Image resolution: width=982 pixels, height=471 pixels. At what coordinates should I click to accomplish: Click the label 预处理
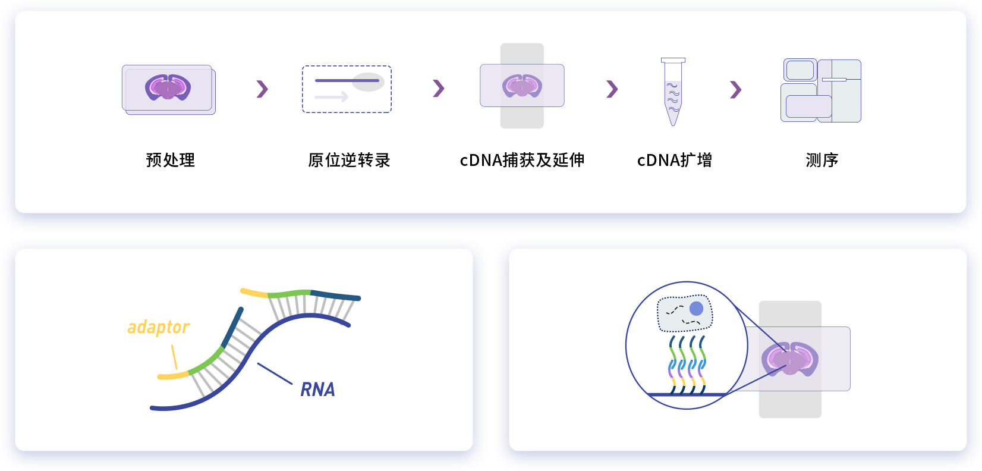pyautogui.click(x=170, y=160)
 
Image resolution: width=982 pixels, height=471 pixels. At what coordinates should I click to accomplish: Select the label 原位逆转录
pyautogui.click(x=349, y=160)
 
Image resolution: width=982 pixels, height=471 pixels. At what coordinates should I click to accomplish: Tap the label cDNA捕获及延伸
pyautogui.click(x=522, y=160)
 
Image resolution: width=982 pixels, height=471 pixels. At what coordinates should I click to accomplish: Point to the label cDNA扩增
pyautogui.click(x=674, y=160)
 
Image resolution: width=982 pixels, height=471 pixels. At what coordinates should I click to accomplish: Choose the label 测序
pyautogui.click(x=822, y=160)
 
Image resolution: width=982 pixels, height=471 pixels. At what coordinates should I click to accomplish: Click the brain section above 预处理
pyautogui.click(x=168, y=87)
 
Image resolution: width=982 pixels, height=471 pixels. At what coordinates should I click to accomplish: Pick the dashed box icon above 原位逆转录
pyautogui.click(x=347, y=89)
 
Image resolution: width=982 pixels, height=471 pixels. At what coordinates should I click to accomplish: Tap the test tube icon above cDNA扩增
pyautogui.click(x=673, y=92)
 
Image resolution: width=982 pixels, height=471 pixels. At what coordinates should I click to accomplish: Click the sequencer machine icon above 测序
pyautogui.click(x=821, y=90)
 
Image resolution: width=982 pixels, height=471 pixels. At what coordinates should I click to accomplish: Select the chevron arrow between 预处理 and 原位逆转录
pyautogui.click(x=262, y=89)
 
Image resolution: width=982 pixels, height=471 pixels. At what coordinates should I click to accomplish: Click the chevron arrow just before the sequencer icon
pyautogui.click(x=736, y=89)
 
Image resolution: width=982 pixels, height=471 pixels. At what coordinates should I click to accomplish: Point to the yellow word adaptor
pyautogui.click(x=158, y=327)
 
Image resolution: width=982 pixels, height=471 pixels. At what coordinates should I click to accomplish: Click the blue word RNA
pyautogui.click(x=318, y=390)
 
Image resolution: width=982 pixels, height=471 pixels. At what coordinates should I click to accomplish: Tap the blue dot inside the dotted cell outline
pyautogui.click(x=696, y=308)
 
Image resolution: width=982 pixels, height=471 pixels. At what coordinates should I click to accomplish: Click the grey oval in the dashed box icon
pyautogui.click(x=369, y=82)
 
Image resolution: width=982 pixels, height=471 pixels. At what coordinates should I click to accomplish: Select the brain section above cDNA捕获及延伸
pyautogui.click(x=522, y=86)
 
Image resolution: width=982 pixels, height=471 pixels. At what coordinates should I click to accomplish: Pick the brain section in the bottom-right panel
pyautogui.click(x=790, y=359)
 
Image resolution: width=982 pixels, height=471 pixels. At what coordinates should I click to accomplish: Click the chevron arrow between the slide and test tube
pyautogui.click(x=612, y=89)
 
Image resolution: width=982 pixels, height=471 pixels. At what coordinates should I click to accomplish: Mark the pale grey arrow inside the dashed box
pyautogui.click(x=332, y=96)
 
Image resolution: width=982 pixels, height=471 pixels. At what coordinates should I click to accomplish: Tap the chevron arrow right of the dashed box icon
pyautogui.click(x=439, y=88)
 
